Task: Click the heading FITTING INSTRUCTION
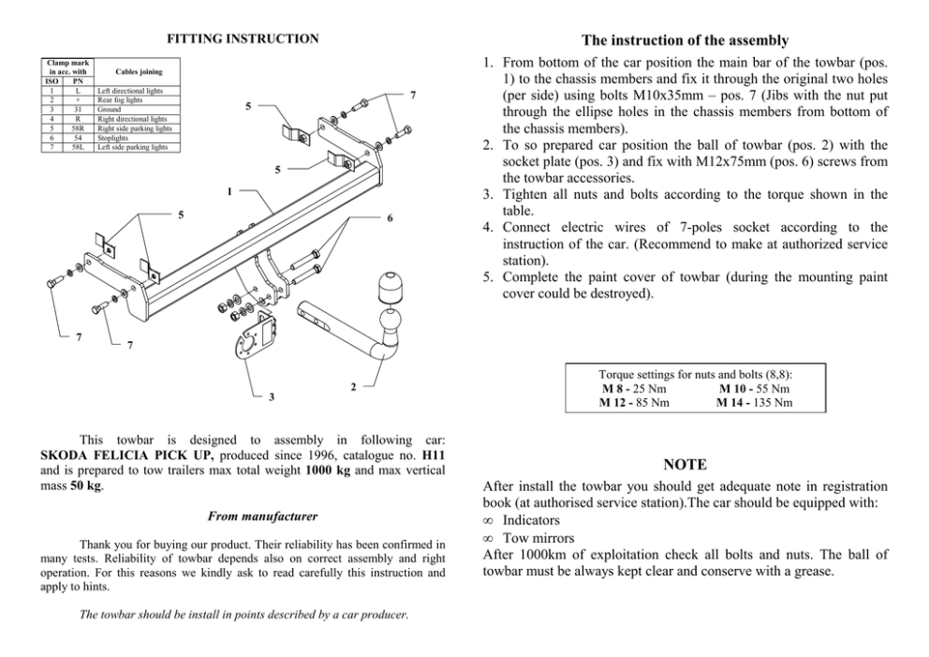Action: coord(243,39)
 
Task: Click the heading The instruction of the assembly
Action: coord(685,40)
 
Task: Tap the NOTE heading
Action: coord(685,465)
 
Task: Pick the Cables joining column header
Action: coord(138,71)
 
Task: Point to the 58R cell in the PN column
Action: coord(79,129)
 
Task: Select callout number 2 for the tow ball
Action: coord(353,386)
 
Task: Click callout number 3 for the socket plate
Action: coord(272,397)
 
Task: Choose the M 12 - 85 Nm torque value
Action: coord(633,403)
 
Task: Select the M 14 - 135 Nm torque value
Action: coord(754,403)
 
